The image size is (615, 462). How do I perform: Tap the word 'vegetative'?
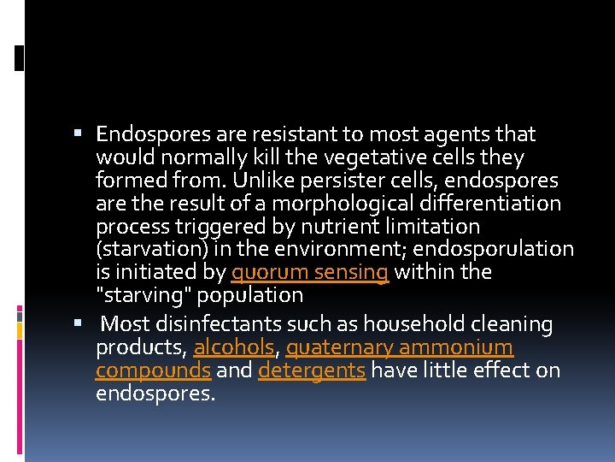(x=376, y=157)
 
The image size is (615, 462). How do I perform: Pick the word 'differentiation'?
(x=496, y=204)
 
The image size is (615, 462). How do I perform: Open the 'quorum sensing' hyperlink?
(x=310, y=273)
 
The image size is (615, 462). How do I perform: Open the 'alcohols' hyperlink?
(x=233, y=348)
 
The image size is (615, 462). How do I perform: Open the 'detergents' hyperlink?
(x=311, y=371)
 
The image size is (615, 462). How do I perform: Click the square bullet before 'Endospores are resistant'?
(x=77, y=133)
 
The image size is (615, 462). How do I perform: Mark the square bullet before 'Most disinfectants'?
(x=77, y=324)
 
